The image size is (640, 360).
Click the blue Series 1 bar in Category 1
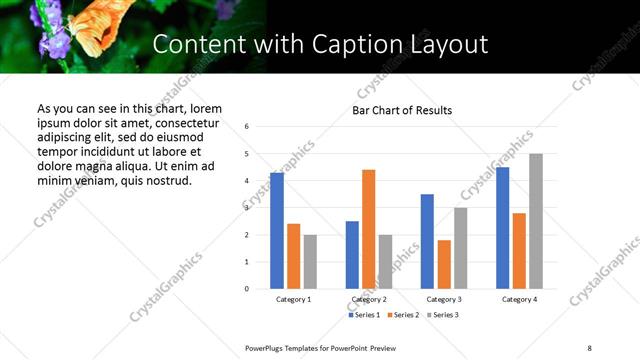(277, 231)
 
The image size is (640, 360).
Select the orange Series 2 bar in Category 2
(368, 229)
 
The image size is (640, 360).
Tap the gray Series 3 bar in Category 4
(536, 221)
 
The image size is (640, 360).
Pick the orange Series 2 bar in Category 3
(444, 264)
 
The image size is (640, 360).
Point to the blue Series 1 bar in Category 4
(502, 228)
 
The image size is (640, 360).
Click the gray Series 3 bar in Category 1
(310, 262)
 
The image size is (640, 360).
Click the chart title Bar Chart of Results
(402, 110)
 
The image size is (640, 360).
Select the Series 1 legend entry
(364, 315)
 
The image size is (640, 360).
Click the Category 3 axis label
(443, 299)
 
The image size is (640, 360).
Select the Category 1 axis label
(293, 299)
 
